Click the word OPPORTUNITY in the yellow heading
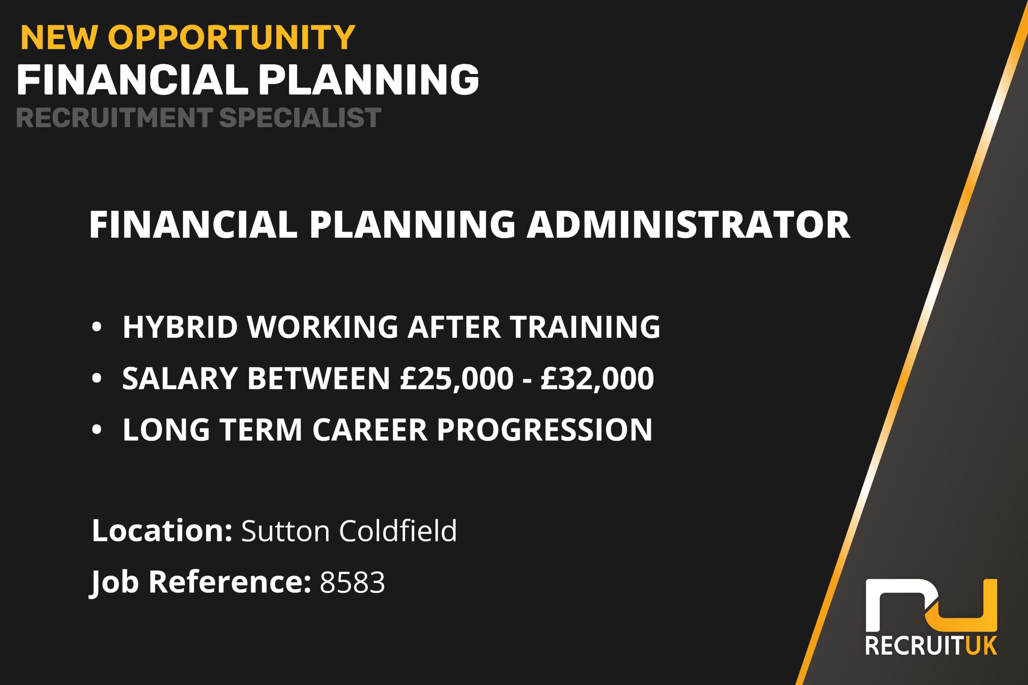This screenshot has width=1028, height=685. point(231,38)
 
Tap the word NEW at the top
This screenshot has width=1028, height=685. point(59,38)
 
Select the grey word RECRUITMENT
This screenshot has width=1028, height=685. point(114,118)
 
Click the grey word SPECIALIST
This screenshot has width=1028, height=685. point(300,118)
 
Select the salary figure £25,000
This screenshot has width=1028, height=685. point(457,378)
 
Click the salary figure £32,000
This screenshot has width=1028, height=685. point(597,378)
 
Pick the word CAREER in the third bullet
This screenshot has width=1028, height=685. point(369,430)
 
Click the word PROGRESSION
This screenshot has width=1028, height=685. point(545,430)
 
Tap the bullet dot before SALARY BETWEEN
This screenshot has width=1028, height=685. point(97,378)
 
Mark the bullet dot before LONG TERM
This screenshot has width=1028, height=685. point(97,430)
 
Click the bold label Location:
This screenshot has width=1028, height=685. point(162,531)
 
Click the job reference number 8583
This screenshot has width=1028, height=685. point(352,582)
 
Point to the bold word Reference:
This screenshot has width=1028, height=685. point(230,582)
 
